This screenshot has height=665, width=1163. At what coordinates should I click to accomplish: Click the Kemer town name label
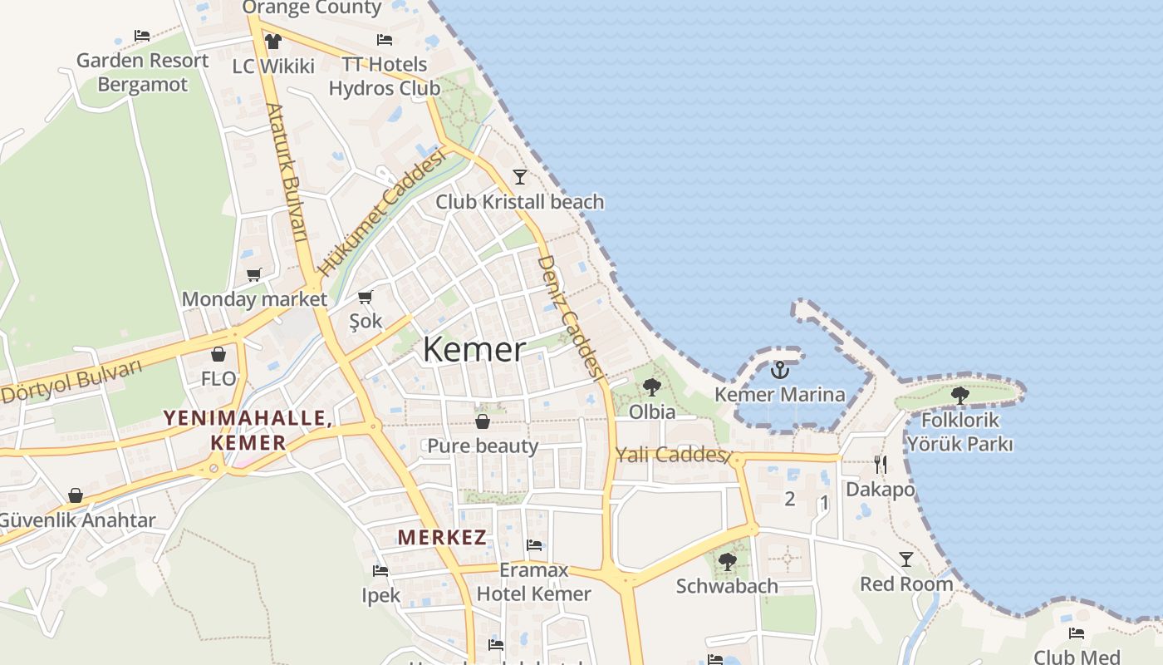(x=474, y=350)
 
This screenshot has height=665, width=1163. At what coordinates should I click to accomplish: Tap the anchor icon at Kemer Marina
(x=779, y=370)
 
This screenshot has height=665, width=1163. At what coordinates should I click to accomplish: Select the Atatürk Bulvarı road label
(x=287, y=173)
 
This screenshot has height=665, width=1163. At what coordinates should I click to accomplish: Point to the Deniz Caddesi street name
(x=570, y=317)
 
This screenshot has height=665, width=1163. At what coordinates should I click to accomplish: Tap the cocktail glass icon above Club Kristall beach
(x=520, y=176)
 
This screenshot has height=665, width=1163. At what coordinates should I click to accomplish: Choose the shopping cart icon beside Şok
(x=366, y=297)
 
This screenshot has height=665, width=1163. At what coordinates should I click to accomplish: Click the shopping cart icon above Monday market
(x=254, y=274)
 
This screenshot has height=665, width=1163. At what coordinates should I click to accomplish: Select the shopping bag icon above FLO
(x=218, y=355)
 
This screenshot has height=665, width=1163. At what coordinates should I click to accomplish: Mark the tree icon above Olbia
(x=652, y=387)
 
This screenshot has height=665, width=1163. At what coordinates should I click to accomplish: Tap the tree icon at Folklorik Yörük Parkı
(x=960, y=395)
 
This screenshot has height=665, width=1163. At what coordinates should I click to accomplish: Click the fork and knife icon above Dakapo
(x=881, y=464)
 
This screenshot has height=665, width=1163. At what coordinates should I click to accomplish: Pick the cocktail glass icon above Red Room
(x=906, y=559)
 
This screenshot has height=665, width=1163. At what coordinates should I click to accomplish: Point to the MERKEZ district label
(x=442, y=537)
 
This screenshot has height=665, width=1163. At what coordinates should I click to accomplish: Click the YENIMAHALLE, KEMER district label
(x=248, y=430)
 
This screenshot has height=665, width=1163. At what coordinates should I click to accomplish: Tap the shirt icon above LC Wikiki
(x=272, y=41)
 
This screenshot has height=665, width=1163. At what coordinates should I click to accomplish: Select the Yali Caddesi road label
(x=671, y=455)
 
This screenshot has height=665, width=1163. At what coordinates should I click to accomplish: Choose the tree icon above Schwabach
(x=728, y=562)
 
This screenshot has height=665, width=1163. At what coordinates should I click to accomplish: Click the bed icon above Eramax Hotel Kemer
(x=534, y=545)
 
